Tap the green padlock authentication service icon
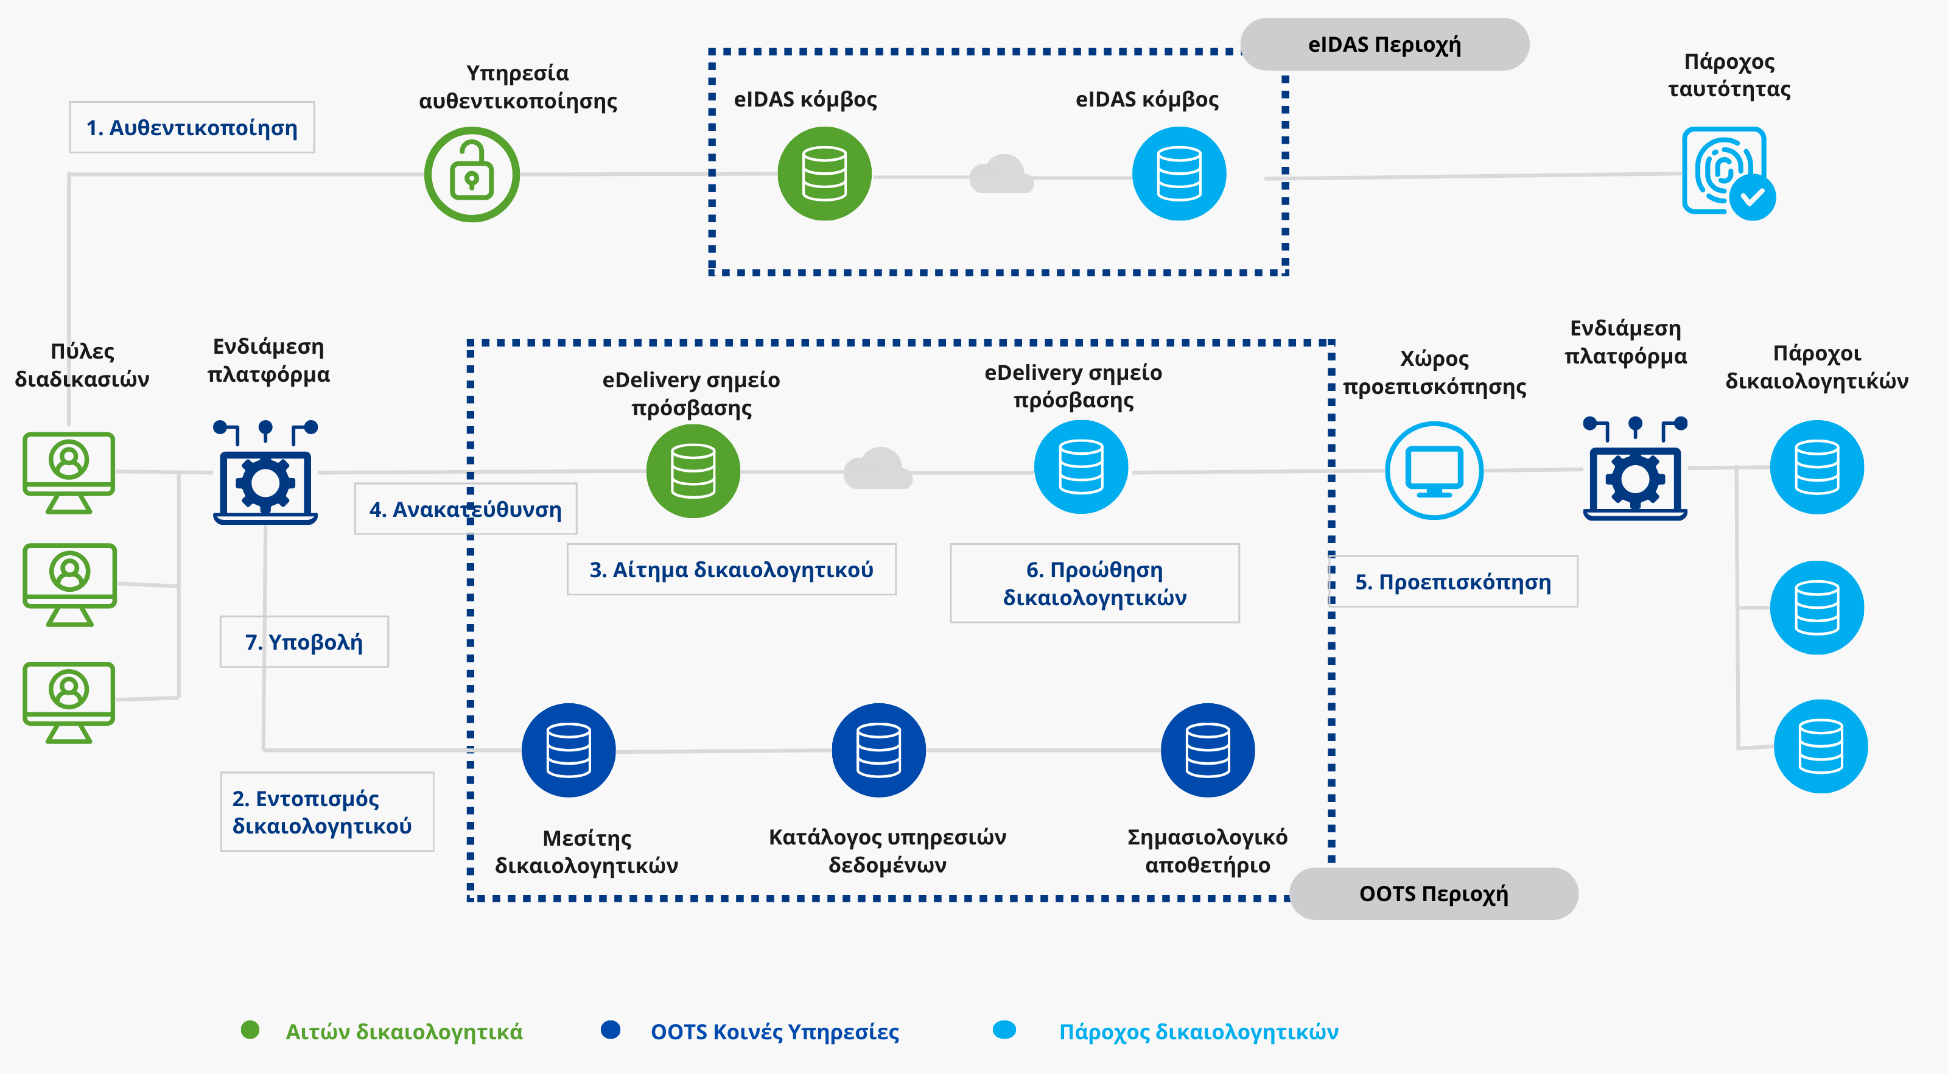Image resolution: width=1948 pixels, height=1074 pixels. click(472, 175)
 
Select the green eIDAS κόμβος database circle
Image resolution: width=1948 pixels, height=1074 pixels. click(824, 174)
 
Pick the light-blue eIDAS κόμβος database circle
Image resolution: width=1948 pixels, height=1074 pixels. click(1179, 174)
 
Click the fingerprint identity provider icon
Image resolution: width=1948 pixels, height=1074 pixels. click(1729, 173)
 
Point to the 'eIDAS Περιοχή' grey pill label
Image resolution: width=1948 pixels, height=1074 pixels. click(1385, 44)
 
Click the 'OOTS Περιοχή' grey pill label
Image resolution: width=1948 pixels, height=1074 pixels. click(1434, 893)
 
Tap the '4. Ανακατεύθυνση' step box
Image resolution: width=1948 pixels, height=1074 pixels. click(466, 509)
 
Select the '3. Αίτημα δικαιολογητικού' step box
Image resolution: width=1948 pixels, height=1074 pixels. click(731, 569)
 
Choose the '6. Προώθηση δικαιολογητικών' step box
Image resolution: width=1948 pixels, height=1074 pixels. click(1095, 583)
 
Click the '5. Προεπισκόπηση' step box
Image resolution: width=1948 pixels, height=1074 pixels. click(1452, 581)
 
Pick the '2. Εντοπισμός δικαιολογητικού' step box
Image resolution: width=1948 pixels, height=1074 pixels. click(328, 812)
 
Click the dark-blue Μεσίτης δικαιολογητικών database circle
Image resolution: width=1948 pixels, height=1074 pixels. click(569, 750)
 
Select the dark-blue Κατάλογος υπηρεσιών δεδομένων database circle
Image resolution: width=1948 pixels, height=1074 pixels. click(878, 750)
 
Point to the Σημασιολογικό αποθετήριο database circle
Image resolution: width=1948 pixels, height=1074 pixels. click(1208, 750)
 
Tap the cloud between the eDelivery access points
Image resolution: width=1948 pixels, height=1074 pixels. click(878, 469)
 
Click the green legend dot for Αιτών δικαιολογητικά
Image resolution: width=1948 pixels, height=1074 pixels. click(250, 1030)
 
